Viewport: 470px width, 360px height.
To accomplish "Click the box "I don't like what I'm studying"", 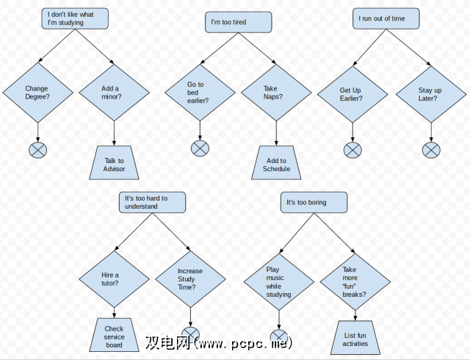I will (x=76, y=18).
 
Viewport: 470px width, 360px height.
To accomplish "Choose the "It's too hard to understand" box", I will (x=152, y=202).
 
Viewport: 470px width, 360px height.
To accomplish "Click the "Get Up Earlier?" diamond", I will (x=352, y=94).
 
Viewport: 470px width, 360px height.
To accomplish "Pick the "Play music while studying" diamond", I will (x=278, y=280).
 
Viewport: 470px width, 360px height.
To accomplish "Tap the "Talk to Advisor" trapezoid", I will (x=115, y=164).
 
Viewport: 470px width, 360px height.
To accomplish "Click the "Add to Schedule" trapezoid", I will (x=276, y=164).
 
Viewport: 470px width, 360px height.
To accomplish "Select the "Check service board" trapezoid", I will (x=115, y=336).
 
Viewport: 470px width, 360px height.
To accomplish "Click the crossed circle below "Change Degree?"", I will (x=37, y=151).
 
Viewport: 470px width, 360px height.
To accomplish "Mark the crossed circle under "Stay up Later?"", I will (x=432, y=151).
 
